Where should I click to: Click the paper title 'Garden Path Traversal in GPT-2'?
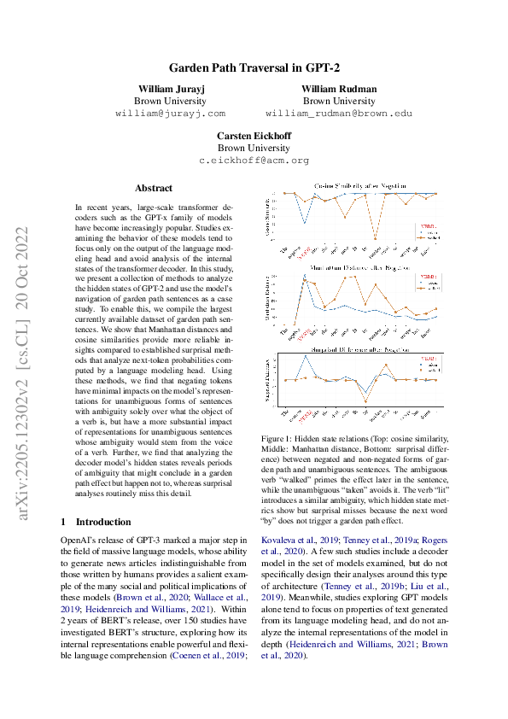253,67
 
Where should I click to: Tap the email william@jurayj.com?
170,112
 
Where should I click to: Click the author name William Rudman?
339,89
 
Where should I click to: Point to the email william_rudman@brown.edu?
339,112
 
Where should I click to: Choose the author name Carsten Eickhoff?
254,136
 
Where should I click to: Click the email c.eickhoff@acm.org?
254,160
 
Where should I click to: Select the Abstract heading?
154,188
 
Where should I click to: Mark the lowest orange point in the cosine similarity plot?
376,240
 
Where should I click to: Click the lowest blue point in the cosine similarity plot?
304,223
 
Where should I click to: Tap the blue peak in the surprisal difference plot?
305,356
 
